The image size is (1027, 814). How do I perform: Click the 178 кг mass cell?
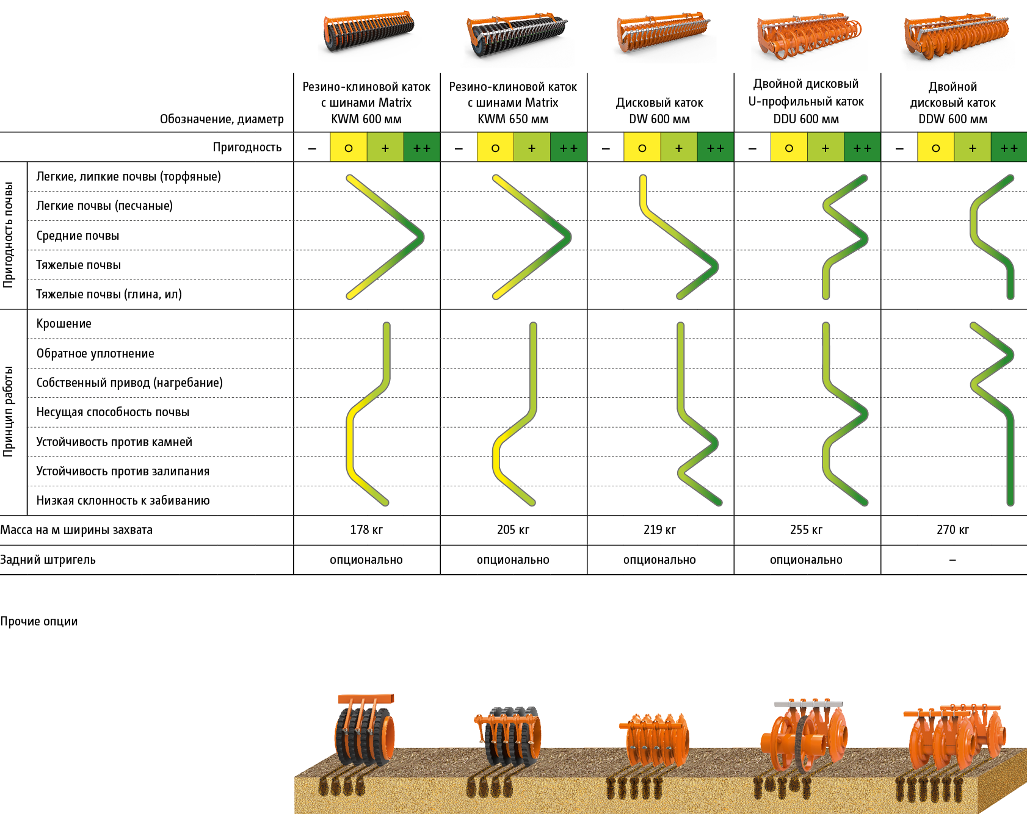tap(366, 530)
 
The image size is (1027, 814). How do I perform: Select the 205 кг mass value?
tap(513, 530)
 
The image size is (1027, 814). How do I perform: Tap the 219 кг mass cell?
tap(659, 530)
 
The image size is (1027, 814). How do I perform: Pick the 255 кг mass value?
tap(806, 530)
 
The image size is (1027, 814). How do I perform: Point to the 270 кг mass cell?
tap(953, 530)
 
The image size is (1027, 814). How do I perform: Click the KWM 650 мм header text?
tap(513, 119)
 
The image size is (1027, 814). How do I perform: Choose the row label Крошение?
tap(64, 323)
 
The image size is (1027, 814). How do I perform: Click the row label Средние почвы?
tap(78, 236)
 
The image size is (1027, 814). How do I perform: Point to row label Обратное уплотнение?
tap(95, 353)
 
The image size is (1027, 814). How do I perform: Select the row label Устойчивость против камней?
tap(114, 442)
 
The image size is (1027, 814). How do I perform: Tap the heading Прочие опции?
tap(39, 621)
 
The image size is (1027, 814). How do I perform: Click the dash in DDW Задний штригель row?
tap(953, 560)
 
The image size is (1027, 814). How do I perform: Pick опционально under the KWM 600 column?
tap(366, 560)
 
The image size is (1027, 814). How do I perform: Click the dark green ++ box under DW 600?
tap(715, 148)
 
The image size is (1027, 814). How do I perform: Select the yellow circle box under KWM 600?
tap(348, 148)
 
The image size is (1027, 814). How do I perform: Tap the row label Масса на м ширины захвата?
tap(76, 530)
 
